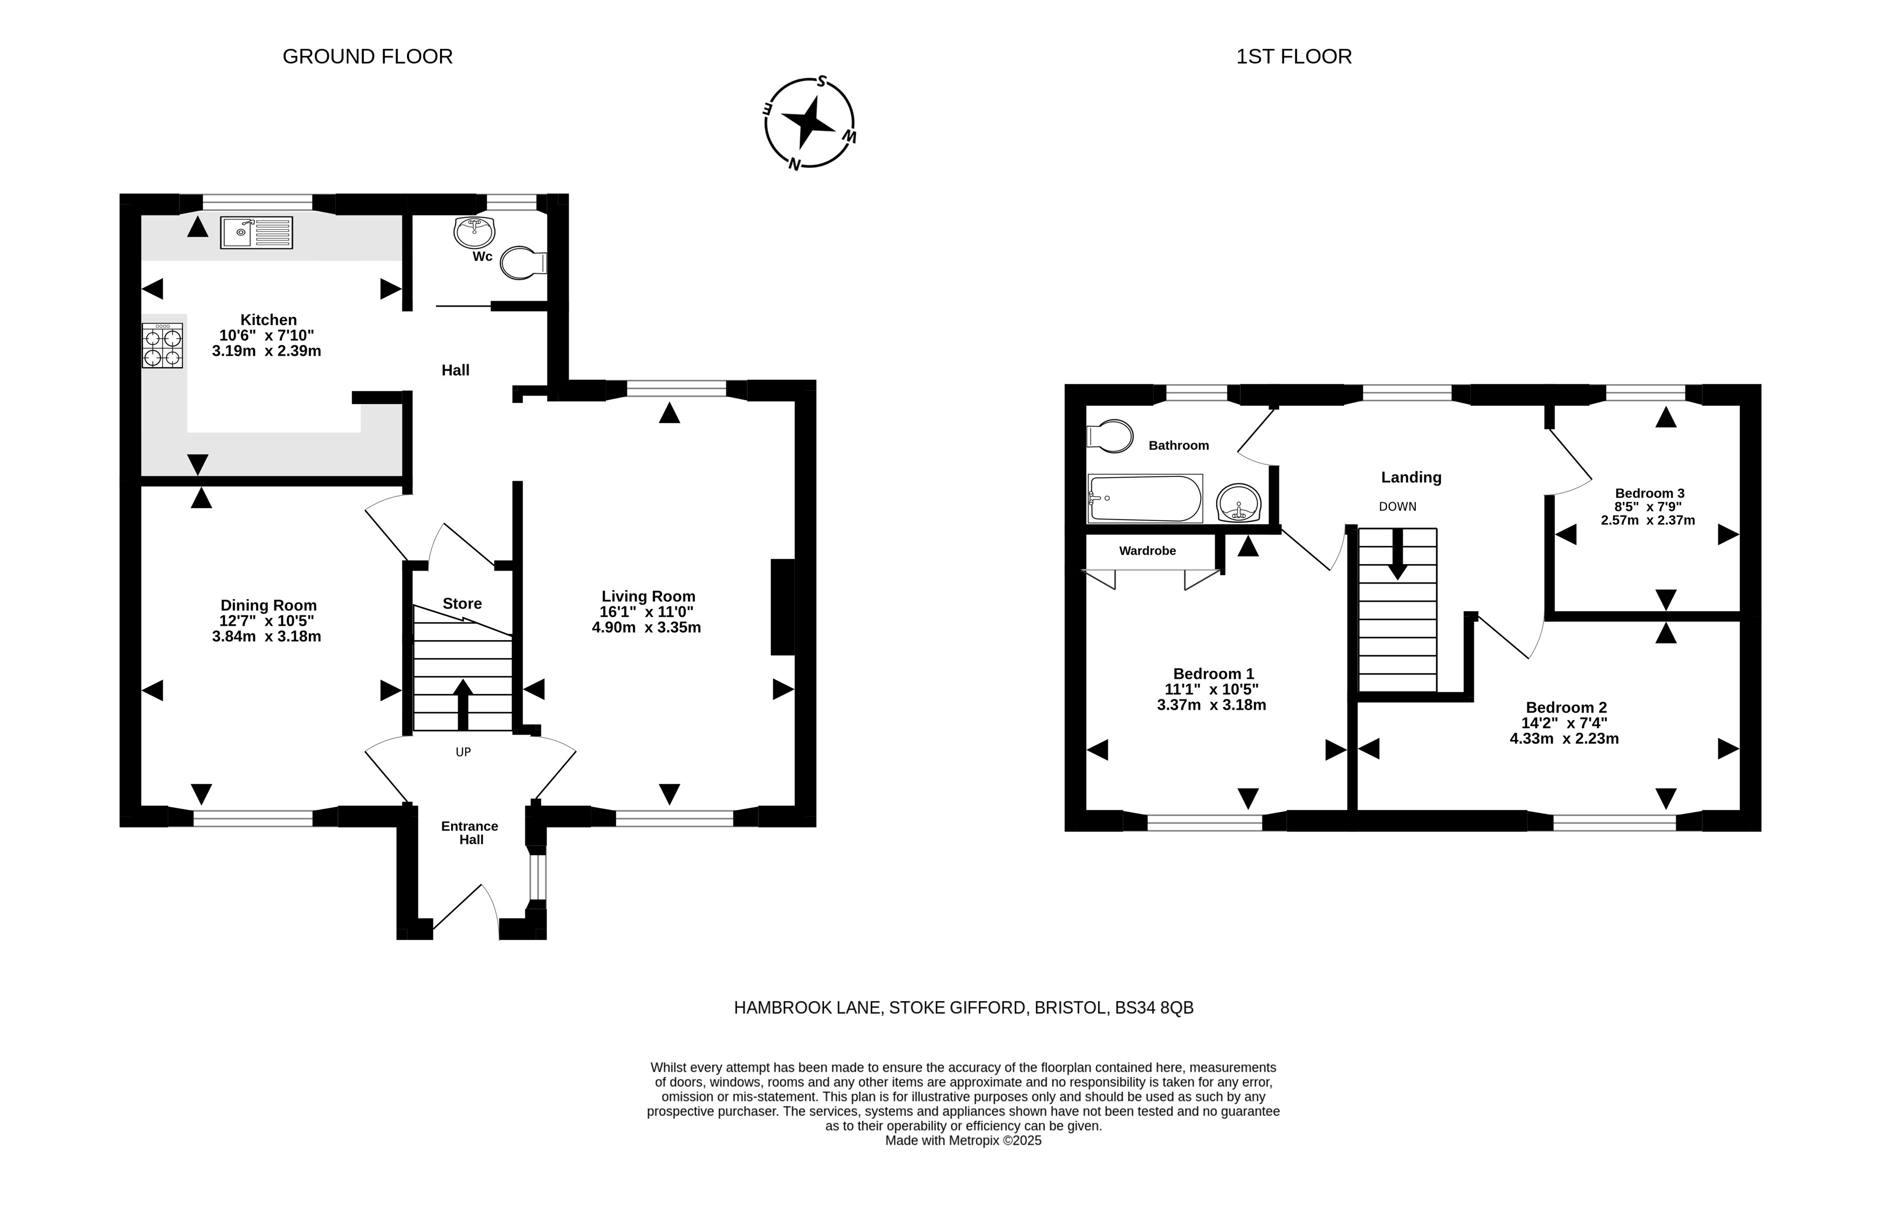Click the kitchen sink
(256, 233)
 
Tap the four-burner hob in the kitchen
(162, 345)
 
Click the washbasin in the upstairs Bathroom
(1238, 502)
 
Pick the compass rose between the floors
(809, 123)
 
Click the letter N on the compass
(794, 164)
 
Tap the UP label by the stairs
(463, 752)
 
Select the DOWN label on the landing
(1397, 507)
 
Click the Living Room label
(648, 596)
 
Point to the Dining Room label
(268, 605)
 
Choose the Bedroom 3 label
(1649, 493)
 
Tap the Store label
(462, 603)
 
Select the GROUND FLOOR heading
(368, 57)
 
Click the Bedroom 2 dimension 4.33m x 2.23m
(1563, 738)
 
